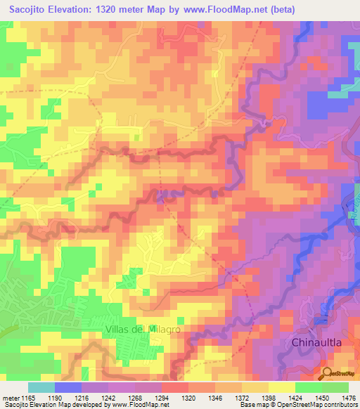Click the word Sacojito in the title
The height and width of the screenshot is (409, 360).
coord(32,10)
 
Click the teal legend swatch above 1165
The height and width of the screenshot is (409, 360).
coord(41,387)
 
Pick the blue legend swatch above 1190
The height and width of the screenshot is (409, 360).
coord(68,387)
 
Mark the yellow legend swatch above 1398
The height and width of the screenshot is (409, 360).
coord(282,387)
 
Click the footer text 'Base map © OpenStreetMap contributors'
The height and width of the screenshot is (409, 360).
coord(296,405)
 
